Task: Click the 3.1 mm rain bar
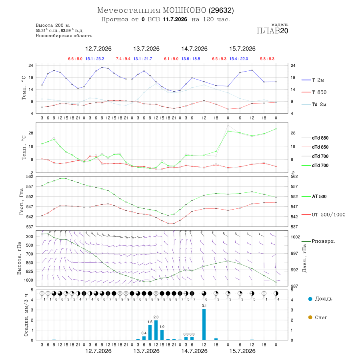pos(204,324)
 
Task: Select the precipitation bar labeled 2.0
pos(156,330)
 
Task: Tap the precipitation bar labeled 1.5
pos(150,332)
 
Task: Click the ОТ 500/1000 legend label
pos(328,215)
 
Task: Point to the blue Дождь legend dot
pos(310,299)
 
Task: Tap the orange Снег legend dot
pos(310,317)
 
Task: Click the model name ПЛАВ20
pos(272,31)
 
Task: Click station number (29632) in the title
pos(221,10)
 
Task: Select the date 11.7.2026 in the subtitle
pos(175,19)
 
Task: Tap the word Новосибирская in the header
pos(50,36)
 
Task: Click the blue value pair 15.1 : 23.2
pos(95,59)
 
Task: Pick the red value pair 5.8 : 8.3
pos(267,59)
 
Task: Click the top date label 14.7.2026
pos(194,49)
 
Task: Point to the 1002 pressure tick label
pos(295,237)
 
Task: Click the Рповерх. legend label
pos(323,241)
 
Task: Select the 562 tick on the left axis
pos(30,176)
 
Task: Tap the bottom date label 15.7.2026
pos(242,351)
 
